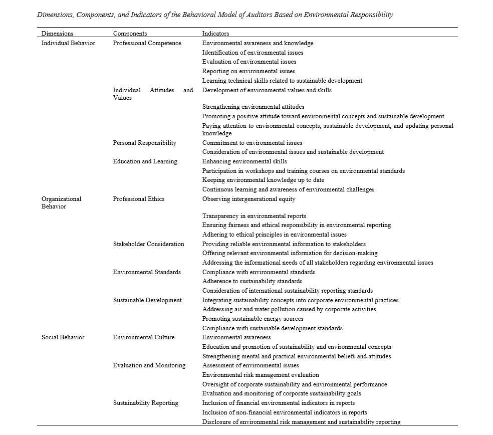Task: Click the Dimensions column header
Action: (57, 34)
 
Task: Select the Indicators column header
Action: (215, 34)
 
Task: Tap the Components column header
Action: (130, 34)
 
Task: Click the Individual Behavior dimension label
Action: (68, 43)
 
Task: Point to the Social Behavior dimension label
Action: (63, 337)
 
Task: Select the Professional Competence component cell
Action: (147, 43)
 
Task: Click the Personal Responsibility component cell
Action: (144, 143)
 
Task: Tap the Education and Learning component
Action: (145, 161)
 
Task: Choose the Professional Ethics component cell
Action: (138, 199)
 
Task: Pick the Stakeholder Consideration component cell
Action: (148, 244)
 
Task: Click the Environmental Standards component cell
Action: (147, 272)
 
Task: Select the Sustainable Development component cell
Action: (147, 300)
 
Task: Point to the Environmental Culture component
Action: (144, 337)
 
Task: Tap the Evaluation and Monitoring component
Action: (149, 365)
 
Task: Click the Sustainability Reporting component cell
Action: (145, 403)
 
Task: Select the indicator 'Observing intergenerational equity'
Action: (249, 199)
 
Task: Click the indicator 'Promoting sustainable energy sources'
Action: (253, 319)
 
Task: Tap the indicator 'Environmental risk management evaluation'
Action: (260, 375)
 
